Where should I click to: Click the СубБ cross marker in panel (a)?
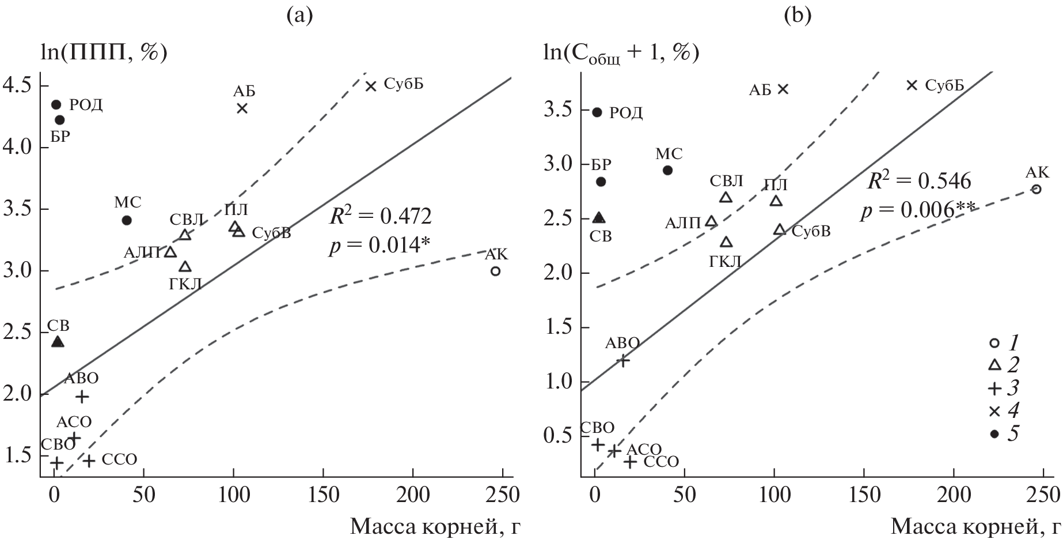pos(371,86)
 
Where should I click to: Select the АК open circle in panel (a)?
pos(495,271)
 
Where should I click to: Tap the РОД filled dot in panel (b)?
pos(597,112)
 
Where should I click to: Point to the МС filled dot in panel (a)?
pos(127,220)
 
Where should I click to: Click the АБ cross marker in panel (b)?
pos(783,89)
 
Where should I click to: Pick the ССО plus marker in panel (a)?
pos(89,461)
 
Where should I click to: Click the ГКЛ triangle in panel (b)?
pos(727,242)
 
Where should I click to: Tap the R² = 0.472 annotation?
pos(380,217)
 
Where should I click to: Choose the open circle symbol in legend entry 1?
pos(994,343)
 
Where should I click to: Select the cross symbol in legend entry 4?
pos(994,411)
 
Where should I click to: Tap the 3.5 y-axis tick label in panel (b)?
pos(559,110)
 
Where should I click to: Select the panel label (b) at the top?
pos(798,16)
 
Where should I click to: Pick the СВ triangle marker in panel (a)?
pos(58,342)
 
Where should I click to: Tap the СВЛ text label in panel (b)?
pos(726,181)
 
